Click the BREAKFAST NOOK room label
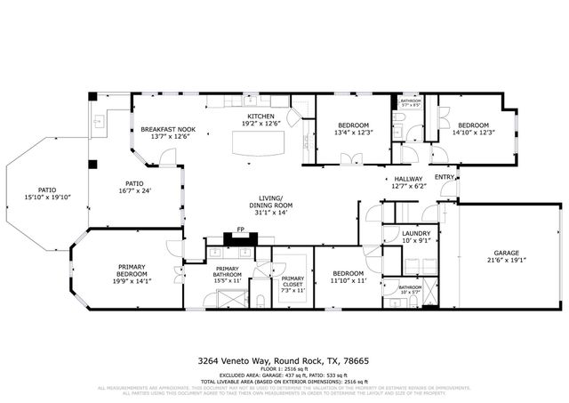click(161, 130)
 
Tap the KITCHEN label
click(261, 117)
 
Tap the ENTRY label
click(445, 176)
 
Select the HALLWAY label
click(408, 179)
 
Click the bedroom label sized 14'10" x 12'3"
click(472, 125)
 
